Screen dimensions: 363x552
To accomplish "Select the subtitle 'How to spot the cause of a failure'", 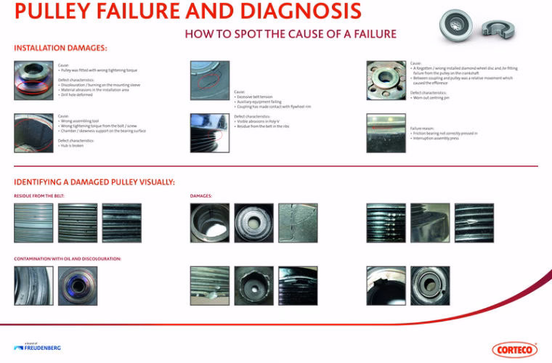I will [290, 33].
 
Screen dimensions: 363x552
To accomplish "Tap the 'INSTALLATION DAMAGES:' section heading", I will [60, 48].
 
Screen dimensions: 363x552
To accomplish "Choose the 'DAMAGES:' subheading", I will [201, 196].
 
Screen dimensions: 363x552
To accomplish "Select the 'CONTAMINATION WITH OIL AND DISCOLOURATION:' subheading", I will [67, 258].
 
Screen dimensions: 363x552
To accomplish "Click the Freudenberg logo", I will [37, 347].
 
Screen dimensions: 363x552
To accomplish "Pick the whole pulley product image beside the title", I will [460, 27].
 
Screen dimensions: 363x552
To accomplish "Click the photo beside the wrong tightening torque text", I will [33, 79].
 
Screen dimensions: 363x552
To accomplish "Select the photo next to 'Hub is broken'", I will [33, 133].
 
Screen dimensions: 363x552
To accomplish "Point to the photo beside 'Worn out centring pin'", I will [386, 79].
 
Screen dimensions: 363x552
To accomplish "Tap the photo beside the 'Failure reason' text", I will [386, 133].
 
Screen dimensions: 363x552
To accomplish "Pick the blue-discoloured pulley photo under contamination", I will [77, 285].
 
